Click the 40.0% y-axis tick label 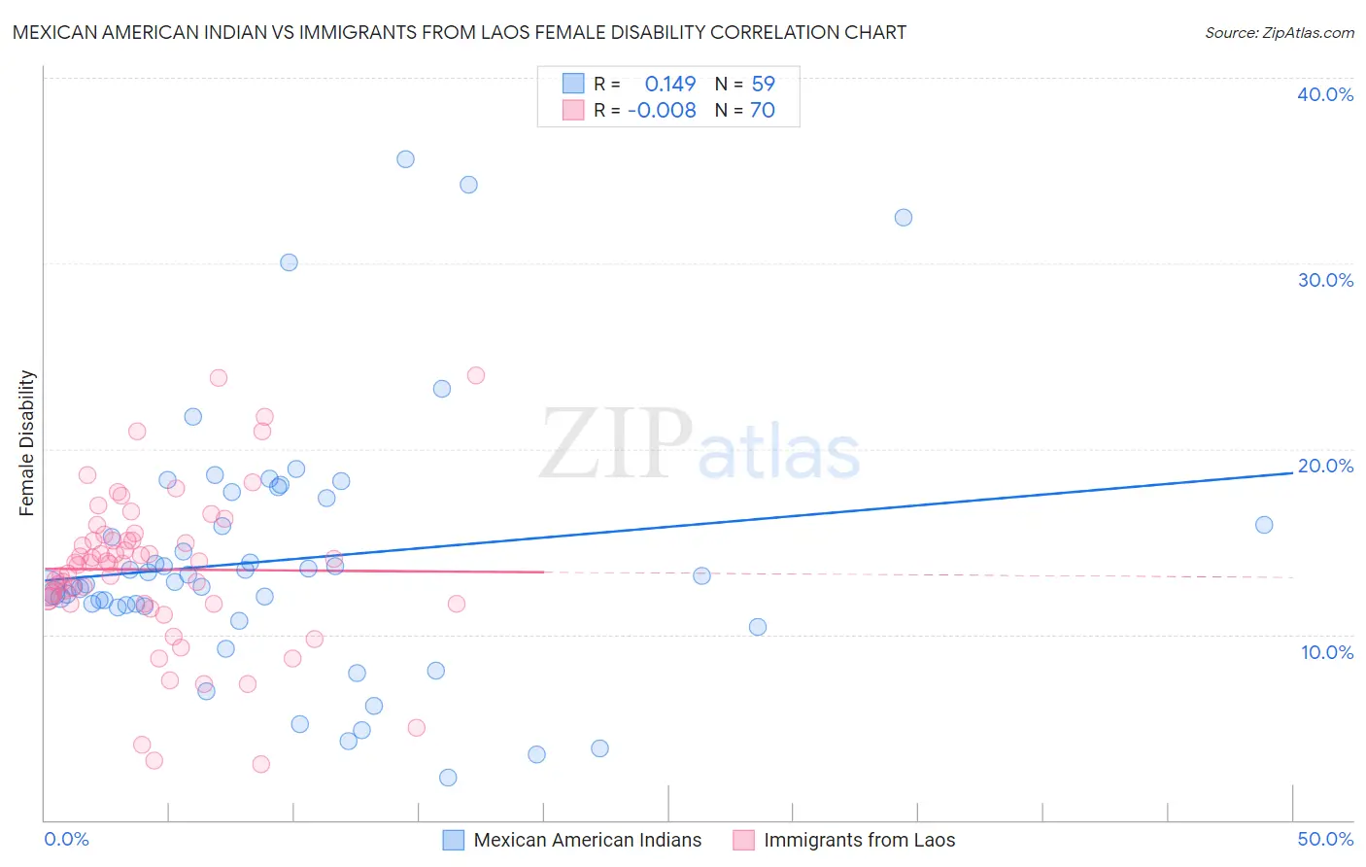coord(1324,94)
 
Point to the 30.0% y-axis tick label coord(1324,280)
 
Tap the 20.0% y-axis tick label coord(1324,466)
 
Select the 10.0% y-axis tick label coord(1326,652)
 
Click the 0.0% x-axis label coord(66,839)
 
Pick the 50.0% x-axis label coord(1324,839)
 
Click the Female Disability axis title coord(27,442)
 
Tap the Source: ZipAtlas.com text coord(1279,32)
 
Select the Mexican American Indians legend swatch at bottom coord(453,840)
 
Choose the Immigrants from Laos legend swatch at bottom coord(743,840)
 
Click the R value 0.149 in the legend coord(669,84)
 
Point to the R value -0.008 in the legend coord(662,110)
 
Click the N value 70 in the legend coord(763,110)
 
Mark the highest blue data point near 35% coord(405,159)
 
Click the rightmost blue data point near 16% coord(1263,525)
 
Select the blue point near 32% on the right coord(903,218)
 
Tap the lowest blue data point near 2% coord(448,778)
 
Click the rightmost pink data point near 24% coord(475,375)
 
